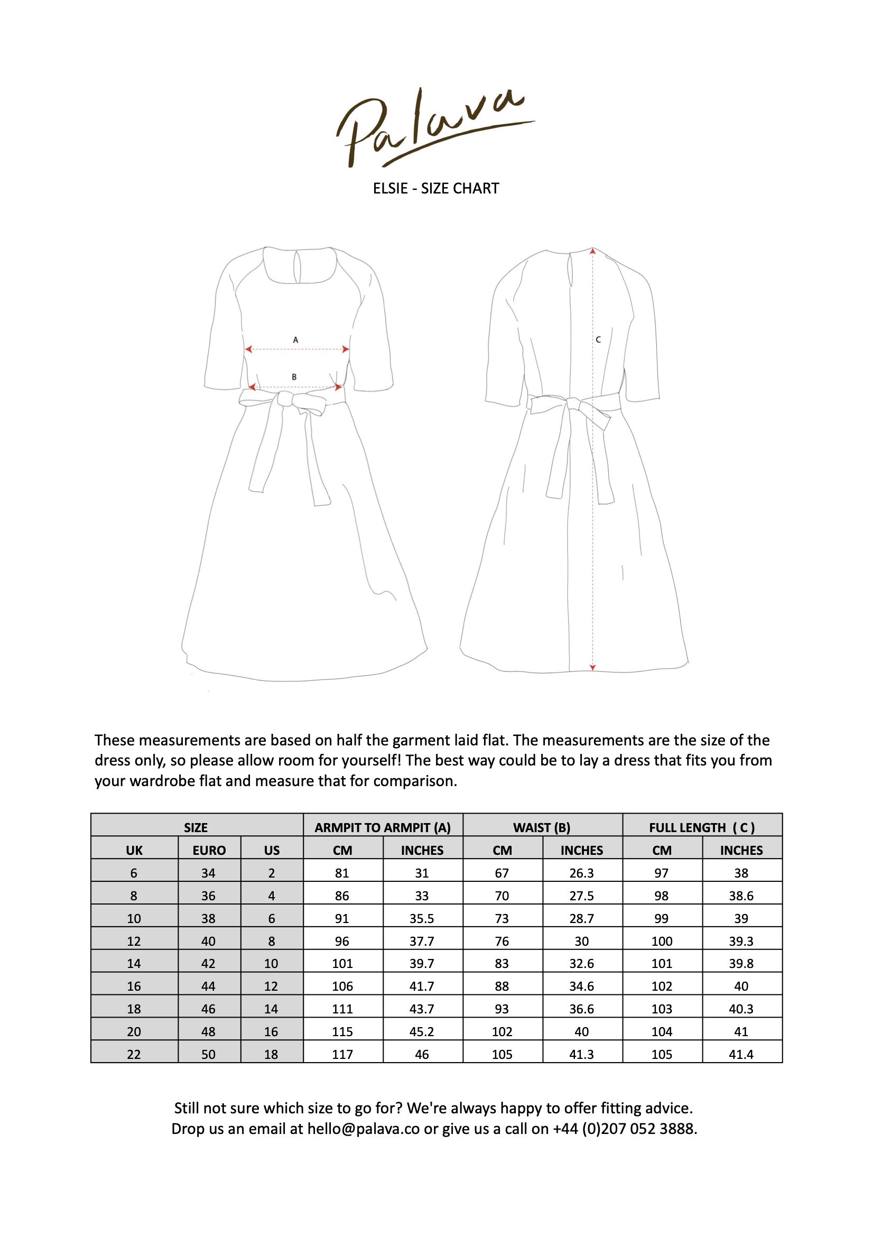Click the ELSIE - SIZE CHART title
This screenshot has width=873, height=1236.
pyautogui.click(x=436, y=188)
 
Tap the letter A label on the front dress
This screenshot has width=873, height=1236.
pyautogui.click(x=295, y=340)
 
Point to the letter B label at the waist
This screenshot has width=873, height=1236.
pyautogui.click(x=294, y=377)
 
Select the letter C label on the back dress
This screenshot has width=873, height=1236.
pyautogui.click(x=598, y=340)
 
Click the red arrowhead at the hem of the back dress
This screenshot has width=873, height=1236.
pyautogui.click(x=592, y=668)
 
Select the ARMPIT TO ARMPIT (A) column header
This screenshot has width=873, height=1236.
pyautogui.click(x=383, y=827)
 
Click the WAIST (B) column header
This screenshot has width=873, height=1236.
pyautogui.click(x=542, y=827)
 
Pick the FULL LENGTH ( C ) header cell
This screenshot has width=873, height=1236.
pyautogui.click(x=702, y=827)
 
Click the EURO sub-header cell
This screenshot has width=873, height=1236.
pyautogui.click(x=209, y=850)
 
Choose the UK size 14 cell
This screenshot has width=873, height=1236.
pyautogui.click(x=134, y=964)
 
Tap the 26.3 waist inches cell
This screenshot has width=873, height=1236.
pyautogui.click(x=582, y=873)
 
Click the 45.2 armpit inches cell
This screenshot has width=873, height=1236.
pyautogui.click(x=422, y=1031)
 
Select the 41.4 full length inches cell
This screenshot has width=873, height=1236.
pyautogui.click(x=741, y=1054)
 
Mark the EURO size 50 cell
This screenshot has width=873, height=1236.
pyautogui.click(x=208, y=1054)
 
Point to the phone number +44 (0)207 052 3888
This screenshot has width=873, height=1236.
pyautogui.click(x=625, y=1129)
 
